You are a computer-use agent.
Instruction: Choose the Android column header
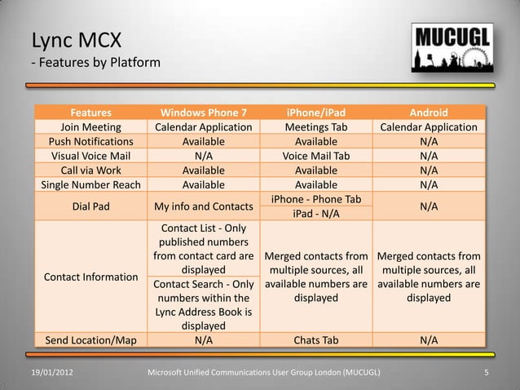(428, 113)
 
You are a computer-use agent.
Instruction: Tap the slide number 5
(486, 374)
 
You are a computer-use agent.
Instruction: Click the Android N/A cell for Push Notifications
(428, 141)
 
